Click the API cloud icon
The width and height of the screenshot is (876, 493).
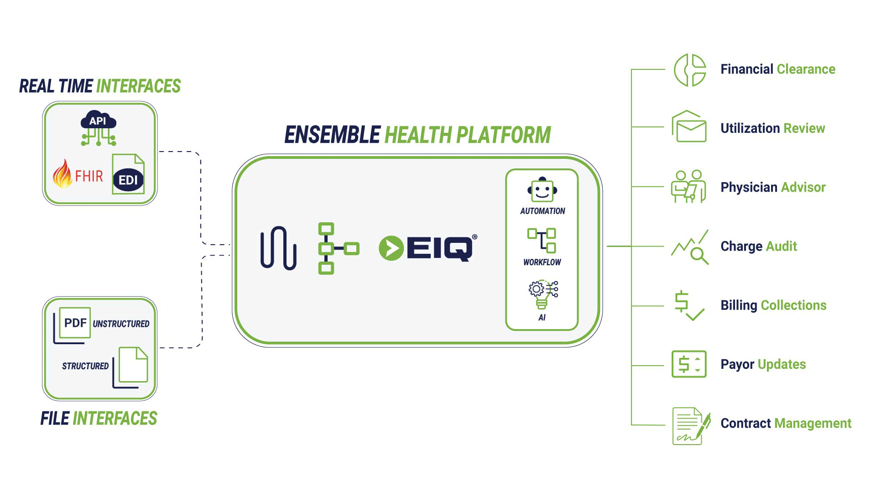(x=98, y=121)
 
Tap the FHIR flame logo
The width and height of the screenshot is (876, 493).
(x=63, y=174)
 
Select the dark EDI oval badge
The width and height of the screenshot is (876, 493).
(x=128, y=180)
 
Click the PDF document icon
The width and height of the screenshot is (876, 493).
(x=74, y=323)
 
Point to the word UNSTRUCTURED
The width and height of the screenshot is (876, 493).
(x=121, y=324)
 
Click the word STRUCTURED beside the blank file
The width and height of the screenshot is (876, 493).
(x=85, y=366)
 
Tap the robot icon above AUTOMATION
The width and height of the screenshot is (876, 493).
(x=542, y=189)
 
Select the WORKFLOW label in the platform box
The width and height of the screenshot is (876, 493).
(x=542, y=262)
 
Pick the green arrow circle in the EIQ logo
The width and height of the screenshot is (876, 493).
(x=391, y=248)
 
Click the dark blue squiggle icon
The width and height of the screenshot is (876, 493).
(x=278, y=248)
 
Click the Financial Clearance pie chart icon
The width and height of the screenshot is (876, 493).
(x=690, y=70)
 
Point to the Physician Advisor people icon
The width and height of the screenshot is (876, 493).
(x=688, y=186)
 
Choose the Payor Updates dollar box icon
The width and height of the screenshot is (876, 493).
(x=689, y=364)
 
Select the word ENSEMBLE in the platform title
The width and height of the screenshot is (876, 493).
(x=332, y=135)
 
